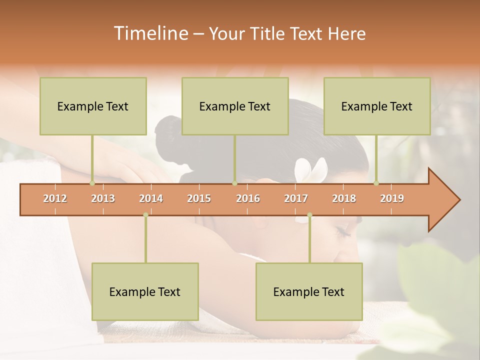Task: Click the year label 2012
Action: pyautogui.click(x=55, y=198)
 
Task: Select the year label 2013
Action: pyautogui.click(x=103, y=198)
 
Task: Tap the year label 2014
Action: pyautogui.click(x=151, y=198)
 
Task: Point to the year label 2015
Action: pyautogui.click(x=199, y=198)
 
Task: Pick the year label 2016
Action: pyautogui.click(x=248, y=198)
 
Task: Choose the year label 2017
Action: pyautogui.click(x=296, y=198)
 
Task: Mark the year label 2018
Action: pyautogui.click(x=344, y=198)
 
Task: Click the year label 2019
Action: pyautogui.click(x=392, y=198)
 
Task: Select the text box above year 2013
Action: pyautogui.click(x=93, y=106)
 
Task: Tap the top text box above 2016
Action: pyautogui.click(x=235, y=106)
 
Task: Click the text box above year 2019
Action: pyautogui.click(x=377, y=106)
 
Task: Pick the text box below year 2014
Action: pyautogui.click(x=145, y=291)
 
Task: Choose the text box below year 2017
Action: pyautogui.click(x=309, y=291)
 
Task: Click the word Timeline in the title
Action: pyautogui.click(x=150, y=33)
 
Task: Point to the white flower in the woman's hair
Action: pyautogui.click(x=311, y=170)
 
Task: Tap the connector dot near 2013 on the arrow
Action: pyautogui.click(x=92, y=183)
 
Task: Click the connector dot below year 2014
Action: pyautogui.click(x=145, y=215)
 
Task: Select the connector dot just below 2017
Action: pyautogui.click(x=309, y=215)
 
